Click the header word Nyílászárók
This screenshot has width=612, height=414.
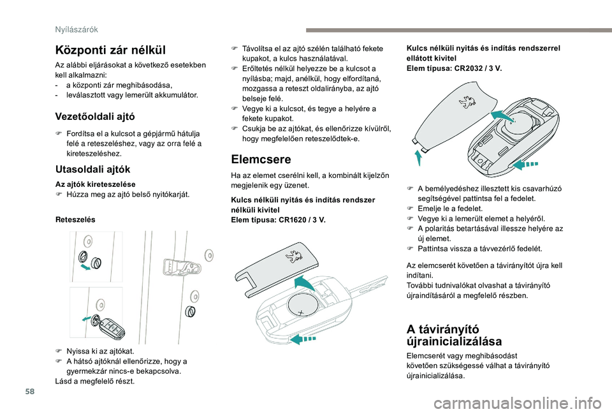[x=76, y=28]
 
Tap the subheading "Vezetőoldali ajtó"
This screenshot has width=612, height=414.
[x=96, y=116]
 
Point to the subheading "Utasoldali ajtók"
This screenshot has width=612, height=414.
[x=93, y=169]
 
